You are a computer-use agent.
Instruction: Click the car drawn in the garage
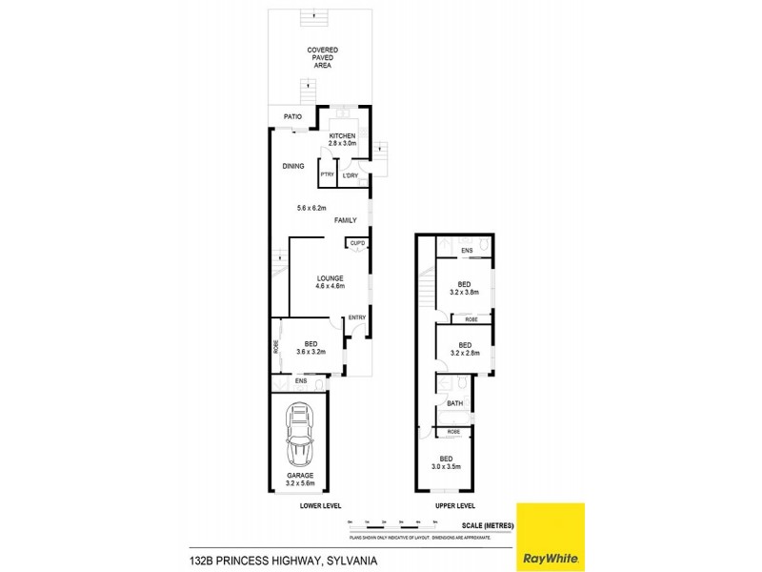point(300,435)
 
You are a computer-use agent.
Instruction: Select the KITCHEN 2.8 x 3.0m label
point(342,140)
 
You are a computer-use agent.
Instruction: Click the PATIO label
point(292,117)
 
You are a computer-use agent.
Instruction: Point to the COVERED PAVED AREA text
point(322,58)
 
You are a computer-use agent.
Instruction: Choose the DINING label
point(292,166)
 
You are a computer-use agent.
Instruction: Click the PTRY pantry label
point(327,174)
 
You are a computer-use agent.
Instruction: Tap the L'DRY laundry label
point(350,174)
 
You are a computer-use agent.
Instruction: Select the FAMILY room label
point(345,220)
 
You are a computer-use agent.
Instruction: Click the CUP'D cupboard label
point(357,244)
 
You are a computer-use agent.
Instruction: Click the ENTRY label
point(356,317)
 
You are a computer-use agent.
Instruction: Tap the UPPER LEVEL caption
point(453,505)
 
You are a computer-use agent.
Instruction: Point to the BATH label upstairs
point(454,404)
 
